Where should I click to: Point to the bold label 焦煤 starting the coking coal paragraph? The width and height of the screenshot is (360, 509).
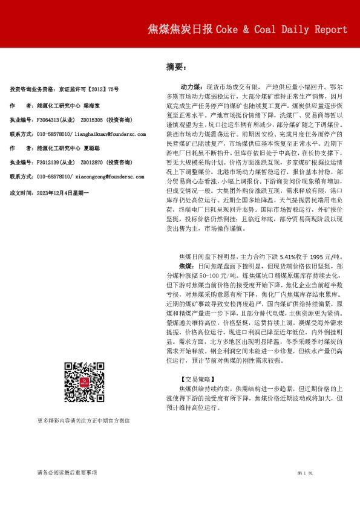pyautogui.click(x=186, y=266)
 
